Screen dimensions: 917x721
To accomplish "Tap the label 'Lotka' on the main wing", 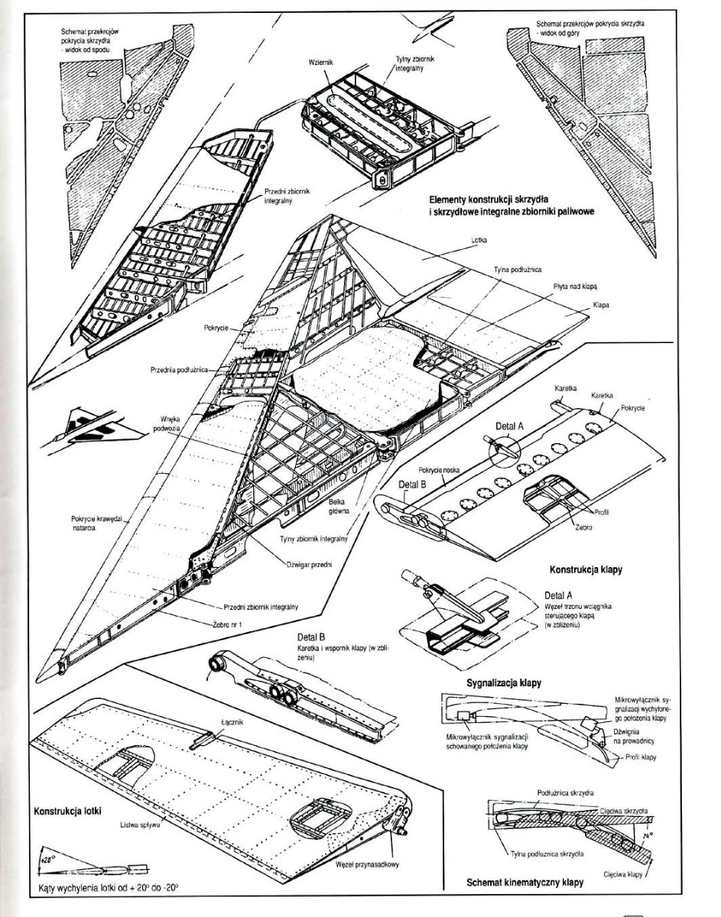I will pos(479,238).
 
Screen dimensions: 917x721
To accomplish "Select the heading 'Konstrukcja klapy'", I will pos(583,569).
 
